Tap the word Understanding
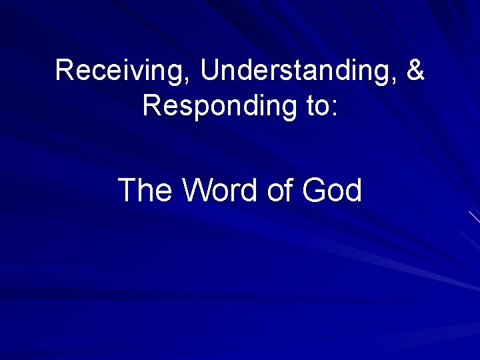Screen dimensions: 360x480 click(x=294, y=71)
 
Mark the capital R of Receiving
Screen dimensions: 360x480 click(x=65, y=70)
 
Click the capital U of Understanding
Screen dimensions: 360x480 click(x=209, y=70)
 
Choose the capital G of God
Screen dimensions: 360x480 click(x=313, y=191)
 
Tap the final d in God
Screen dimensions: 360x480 click(x=353, y=191)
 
